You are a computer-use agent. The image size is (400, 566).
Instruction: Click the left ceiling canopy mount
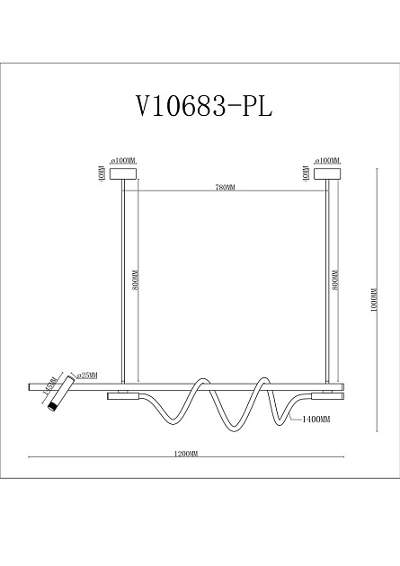(x=122, y=172)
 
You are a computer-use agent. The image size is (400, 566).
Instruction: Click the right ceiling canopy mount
(x=329, y=172)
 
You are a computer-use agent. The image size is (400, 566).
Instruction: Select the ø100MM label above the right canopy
(x=328, y=157)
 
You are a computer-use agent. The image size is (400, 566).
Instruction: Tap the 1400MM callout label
(x=316, y=420)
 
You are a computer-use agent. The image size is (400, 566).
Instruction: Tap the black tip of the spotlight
(x=53, y=409)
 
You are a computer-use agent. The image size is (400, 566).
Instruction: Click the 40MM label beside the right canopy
(x=307, y=172)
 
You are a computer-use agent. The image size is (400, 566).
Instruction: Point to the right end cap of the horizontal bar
(x=340, y=386)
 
